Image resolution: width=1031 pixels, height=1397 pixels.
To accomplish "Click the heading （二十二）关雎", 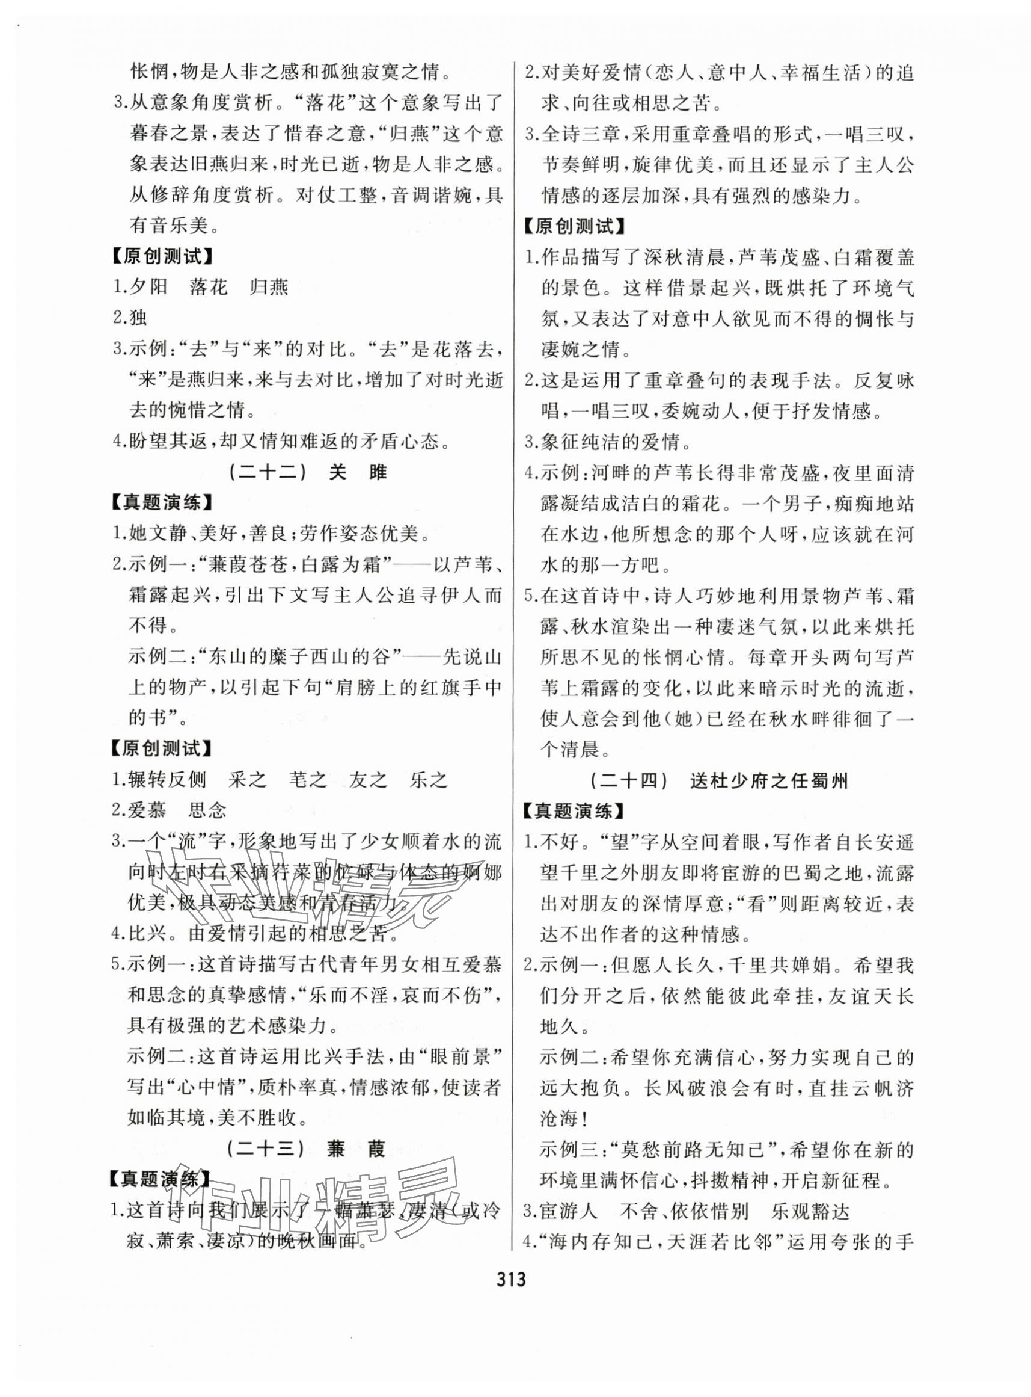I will (307, 473).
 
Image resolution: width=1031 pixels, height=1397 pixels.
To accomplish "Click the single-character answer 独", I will (138, 317).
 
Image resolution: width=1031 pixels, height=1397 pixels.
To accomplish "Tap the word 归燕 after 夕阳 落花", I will (269, 286).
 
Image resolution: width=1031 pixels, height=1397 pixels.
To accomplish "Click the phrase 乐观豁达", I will (811, 1212).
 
